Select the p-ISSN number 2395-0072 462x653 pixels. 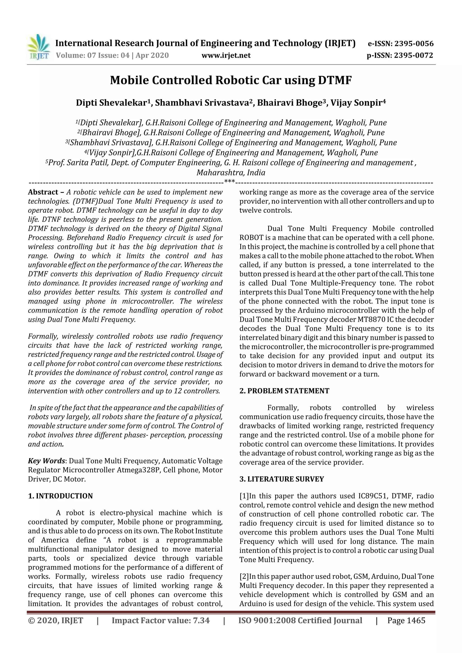click(x=413, y=55)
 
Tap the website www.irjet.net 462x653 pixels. click(x=226, y=55)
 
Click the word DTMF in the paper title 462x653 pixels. click(x=335, y=80)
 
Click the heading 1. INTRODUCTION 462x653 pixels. click(x=60, y=496)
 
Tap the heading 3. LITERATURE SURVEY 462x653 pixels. click(x=282, y=479)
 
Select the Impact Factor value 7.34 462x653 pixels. click(x=201, y=620)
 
